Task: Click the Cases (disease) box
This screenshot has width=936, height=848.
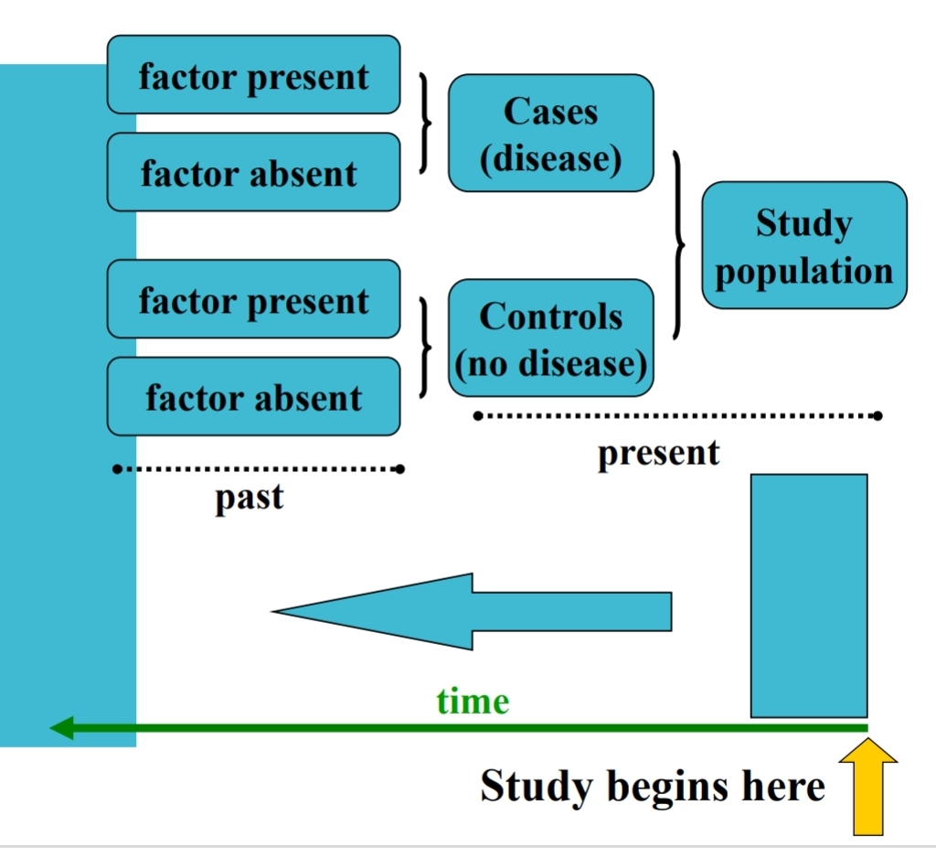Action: click(550, 134)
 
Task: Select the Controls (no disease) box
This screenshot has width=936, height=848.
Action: click(550, 338)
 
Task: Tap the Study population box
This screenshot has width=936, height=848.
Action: click(803, 246)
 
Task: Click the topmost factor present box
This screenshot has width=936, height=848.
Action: click(253, 75)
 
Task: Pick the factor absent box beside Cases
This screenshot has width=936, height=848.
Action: click(253, 172)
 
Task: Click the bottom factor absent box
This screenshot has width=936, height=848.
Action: click(253, 396)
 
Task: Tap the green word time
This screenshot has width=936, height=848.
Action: click(473, 702)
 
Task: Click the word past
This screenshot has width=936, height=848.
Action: click(249, 499)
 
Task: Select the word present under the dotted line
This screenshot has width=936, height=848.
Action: click(658, 452)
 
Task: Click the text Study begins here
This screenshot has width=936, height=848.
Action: click(653, 786)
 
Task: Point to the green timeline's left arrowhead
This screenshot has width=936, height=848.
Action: click(62, 728)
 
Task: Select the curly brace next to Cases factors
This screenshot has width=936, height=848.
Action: click(425, 123)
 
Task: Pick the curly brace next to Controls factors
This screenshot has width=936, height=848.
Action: click(425, 347)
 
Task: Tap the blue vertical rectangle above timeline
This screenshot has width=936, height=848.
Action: click(808, 595)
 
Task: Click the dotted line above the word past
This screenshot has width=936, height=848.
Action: click(258, 469)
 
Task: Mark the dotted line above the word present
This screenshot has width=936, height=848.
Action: click(676, 416)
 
